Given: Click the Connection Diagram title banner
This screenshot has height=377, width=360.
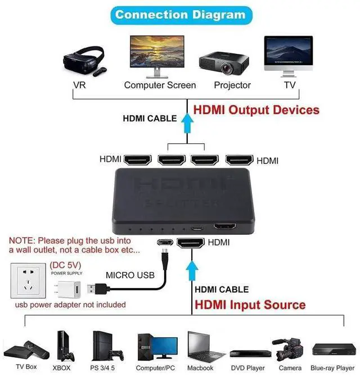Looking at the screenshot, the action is click(x=180, y=14).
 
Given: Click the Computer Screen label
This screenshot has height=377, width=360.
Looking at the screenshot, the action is click(x=160, y=85).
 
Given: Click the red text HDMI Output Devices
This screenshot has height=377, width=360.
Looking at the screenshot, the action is click(x=256, y=110).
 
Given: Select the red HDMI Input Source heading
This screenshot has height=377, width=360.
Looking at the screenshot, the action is click(x=250, y=305).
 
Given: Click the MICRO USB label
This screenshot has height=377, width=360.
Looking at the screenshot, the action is click(x=130, y=275).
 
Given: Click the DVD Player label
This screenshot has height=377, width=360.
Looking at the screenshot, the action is click(x=247, y=368).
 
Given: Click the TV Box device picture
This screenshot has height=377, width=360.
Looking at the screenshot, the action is click(x=26, y=349).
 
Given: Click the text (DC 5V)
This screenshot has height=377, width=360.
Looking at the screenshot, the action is click(x=66, y=265).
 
